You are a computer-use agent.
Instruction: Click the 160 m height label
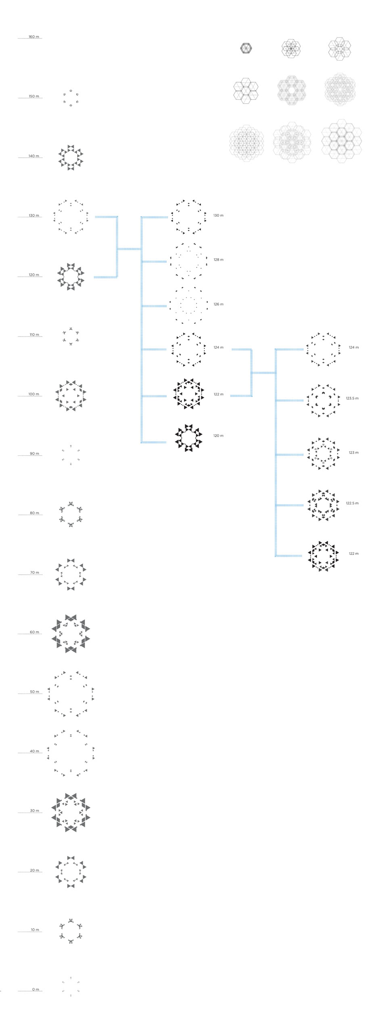(34, 37)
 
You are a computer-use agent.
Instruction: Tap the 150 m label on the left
(34, 96)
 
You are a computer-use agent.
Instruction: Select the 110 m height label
(34, 335)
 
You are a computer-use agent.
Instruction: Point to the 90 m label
(34, 454)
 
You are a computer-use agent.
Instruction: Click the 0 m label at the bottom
(36, 989)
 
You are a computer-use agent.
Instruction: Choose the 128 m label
(218, 260)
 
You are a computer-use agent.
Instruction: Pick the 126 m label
(218, 304)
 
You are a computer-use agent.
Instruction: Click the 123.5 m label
(352, 398)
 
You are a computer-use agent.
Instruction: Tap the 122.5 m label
(352, 503)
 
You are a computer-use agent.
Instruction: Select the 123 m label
(353, 453)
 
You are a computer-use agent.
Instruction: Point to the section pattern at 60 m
(71, 633)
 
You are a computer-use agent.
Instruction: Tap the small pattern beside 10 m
(71, 931)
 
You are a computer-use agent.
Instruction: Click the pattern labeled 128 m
(188, 261)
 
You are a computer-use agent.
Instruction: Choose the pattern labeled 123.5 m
(323, 400)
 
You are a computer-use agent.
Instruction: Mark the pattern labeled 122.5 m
(323, 505)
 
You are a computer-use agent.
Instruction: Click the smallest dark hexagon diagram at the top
(246, 48)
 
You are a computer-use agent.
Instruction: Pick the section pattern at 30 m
(71, 812)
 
